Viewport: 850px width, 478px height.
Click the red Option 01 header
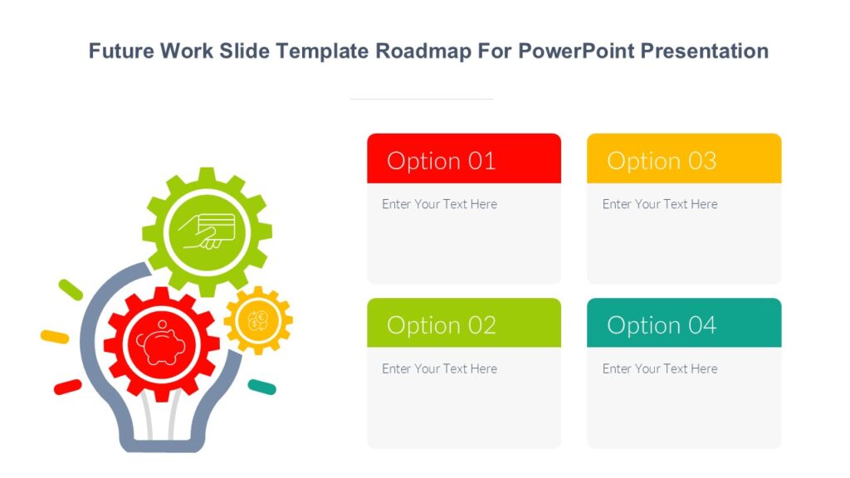point(463,159)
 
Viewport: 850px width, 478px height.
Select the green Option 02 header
point(463,324)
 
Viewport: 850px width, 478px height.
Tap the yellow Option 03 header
point(683,159)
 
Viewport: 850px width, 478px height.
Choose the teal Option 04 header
point(683,324)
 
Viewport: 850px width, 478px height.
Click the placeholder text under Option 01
point(439,204)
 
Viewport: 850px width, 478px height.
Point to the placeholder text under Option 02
point(439,368)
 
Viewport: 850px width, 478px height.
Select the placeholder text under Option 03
point(660,204)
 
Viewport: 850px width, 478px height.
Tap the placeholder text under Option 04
point(660,368)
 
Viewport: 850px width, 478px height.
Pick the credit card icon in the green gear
point(208,231)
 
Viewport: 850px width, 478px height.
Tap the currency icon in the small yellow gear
point(257,319)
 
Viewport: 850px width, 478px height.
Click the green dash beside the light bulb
point(71,290)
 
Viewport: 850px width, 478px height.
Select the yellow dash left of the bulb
point(55,337)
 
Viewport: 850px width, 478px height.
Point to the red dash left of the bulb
point(67,387)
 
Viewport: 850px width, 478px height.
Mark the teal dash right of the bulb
point(262,387)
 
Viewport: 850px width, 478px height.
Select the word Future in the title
point(122,51)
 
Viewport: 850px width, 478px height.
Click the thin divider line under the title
point(421,99)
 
